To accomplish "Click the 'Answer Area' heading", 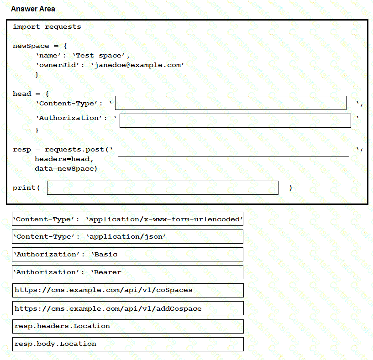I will [x=33, y=9].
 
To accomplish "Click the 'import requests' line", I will [x=47, y=27].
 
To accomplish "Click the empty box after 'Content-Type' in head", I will [x=231, y=103].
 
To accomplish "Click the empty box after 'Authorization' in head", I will [x=235, y=121].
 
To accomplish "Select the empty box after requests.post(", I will [x=233, y=150].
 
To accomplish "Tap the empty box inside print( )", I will [x=163, y=188].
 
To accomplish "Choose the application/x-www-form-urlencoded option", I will [x=127, y=219].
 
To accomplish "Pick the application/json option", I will [x=127, y=237].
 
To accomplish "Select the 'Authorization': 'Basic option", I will [x=127, y=255].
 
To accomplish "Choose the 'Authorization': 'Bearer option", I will [x=127, y=272].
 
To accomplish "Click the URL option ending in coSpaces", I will [x=127, y=290].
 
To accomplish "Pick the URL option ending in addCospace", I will [x=127, y=308].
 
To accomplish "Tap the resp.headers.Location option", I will [x=127, y=326].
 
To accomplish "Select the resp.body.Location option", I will [x=127, y=344].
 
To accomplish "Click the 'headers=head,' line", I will [x=64, y=159].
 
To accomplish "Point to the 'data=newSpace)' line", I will [x=66, y=169].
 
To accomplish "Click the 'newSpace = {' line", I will [x=40, y=46].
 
